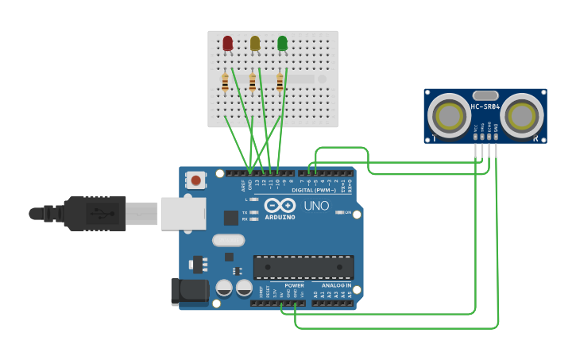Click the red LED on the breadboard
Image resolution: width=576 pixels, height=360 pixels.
[228, 43]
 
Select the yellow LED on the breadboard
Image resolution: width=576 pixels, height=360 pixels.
[255, 43]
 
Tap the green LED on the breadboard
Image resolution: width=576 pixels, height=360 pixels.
[282, 43]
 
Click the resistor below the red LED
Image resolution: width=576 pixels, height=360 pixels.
[226, 82]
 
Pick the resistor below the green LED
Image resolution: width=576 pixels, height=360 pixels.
[280, 82]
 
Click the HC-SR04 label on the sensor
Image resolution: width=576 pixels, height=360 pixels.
[485, 106]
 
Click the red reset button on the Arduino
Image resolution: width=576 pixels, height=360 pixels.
[195, 180]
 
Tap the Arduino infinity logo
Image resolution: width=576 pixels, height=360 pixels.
[280, 205]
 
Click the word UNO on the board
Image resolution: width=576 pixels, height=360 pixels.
[315, 206]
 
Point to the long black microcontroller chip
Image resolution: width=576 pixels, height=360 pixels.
[303, 267]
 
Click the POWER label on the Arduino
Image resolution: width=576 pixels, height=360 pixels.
[294, 285]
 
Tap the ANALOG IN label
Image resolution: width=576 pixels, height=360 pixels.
[336, 285]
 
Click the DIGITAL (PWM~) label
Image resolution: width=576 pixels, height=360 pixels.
[314, 190]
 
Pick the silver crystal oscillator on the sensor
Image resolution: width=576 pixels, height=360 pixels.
[485, 95]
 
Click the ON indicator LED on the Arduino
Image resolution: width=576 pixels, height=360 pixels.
[339, 212]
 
